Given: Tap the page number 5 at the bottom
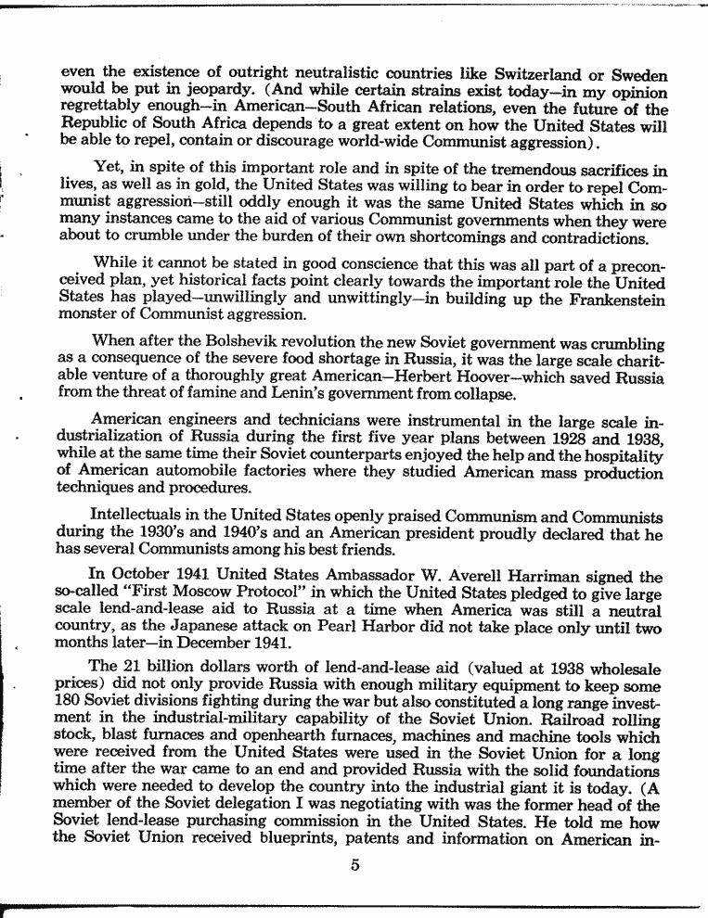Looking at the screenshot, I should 354,866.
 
